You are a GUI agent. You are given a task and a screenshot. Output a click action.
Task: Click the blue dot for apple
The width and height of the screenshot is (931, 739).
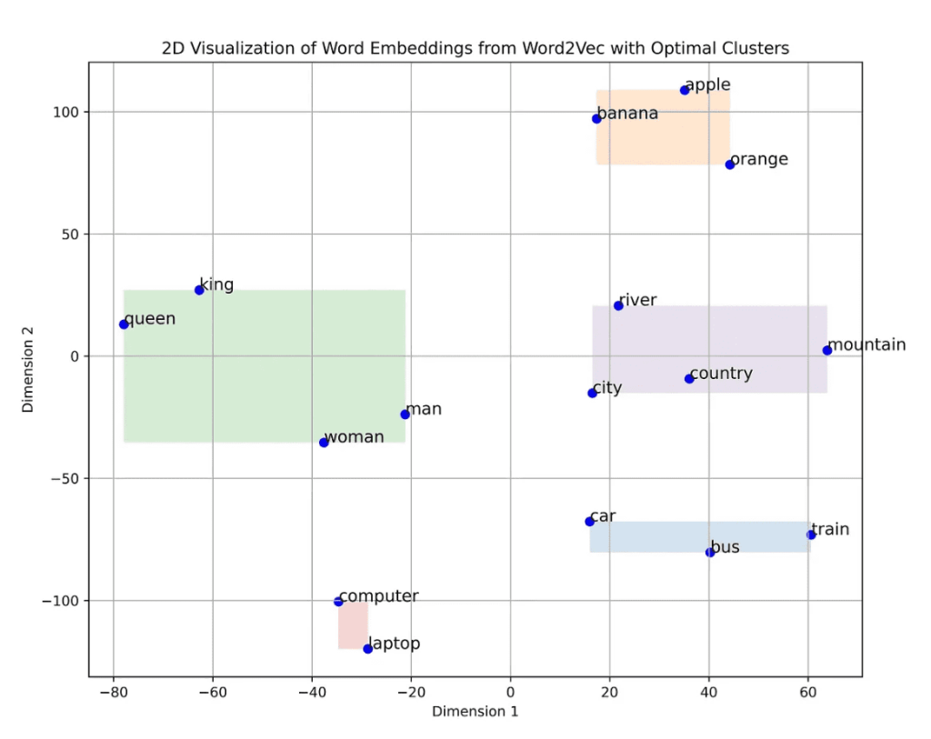(x=685, y=90)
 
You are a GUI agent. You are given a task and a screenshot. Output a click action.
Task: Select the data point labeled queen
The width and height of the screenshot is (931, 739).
(x=124, y=325)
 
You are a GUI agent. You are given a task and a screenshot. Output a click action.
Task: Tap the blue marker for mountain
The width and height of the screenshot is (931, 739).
(x=827, y=350)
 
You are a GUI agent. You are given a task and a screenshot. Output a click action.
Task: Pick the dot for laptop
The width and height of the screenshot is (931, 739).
(x=368, y=648)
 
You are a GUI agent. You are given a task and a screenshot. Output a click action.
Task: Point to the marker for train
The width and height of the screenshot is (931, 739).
(x=811, y=534)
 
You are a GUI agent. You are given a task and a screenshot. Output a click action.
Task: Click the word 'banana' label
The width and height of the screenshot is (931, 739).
(x=627, y=115)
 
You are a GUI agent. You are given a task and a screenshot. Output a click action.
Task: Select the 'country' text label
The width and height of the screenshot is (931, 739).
(x=721, y=374)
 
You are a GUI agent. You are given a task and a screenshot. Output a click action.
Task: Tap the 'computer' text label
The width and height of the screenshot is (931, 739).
(x=378, y=596)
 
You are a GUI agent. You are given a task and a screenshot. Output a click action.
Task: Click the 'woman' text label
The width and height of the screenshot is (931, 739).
(x=355, y=437)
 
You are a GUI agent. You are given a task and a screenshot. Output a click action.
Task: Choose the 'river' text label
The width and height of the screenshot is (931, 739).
(x=637, y=301)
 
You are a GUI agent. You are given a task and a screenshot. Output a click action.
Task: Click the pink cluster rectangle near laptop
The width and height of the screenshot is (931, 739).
(x=353, y=624)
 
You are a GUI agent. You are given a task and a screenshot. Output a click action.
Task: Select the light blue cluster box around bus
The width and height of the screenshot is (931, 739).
(x=699, y=537)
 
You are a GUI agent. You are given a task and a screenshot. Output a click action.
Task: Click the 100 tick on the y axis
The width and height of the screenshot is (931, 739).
(x=68, y=112)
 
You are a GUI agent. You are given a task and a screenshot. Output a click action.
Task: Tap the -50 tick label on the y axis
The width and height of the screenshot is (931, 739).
(x=65, y=478)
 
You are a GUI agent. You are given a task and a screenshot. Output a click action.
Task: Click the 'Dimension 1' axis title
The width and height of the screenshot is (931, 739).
(x=475, y=711)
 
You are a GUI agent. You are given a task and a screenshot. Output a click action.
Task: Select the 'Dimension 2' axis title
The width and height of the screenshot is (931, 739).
(x=28, y=370)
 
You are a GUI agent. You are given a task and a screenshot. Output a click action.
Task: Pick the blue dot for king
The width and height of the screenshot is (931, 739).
(x=199, y=290)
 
